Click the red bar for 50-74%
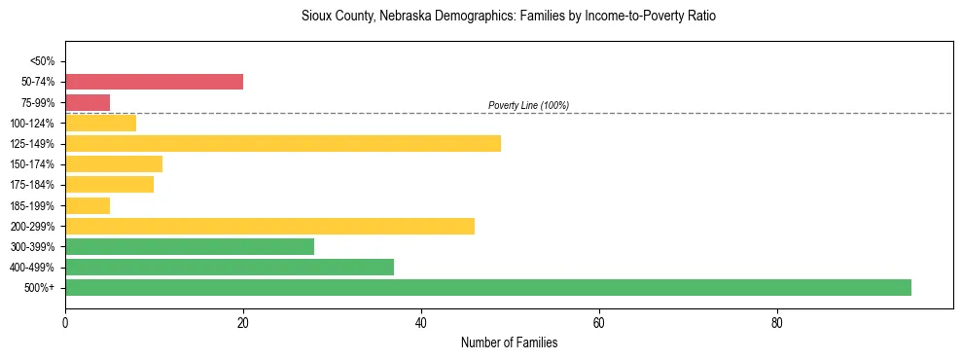click(x=154, y=82)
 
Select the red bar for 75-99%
click(x=88, y=102)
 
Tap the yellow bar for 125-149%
click(x=283, y=143)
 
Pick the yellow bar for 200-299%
click(x=269, y=226)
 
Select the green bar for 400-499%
click(x=230, y=267)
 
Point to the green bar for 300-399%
click(x=190, y=246)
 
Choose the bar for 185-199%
click(x=88, y=205)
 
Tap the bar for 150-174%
click(x=114, y=163)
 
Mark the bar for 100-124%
click(x=100, y=123)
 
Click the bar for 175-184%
click(x=109, y=185)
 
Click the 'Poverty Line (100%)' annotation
click(x=528, y=105)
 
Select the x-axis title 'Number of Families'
click(x=509, y=342)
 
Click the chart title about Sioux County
click(x=509, y=18)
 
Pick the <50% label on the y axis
click(x=43, y=61)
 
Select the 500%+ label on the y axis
click(x=42, y=288)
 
